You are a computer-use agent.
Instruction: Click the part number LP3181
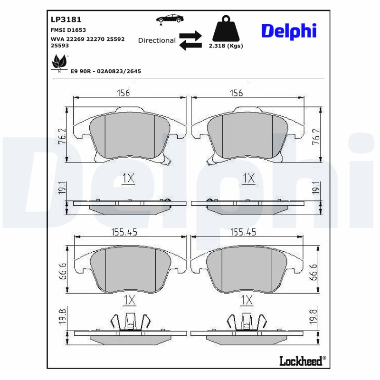click(x=66, y=19)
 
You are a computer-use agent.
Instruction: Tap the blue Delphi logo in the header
click(x=288, y=31)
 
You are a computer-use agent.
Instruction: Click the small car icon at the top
click(x=170, y=19)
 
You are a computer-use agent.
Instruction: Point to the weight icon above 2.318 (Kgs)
click(x=226, y=28)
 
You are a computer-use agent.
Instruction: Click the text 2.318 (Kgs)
click(x=226, y=46)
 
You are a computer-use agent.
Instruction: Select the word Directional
click(x=157, y=40)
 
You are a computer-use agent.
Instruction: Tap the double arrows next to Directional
click(x=190, y=40)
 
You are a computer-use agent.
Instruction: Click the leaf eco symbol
click(x=59, y=62)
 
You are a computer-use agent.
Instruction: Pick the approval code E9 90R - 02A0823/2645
click(x=105, y=71)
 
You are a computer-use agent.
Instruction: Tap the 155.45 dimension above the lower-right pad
click(x=243, y=232)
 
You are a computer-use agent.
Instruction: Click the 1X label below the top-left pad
click(x=129, y=179)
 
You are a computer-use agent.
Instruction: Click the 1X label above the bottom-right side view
click(x=247, y=300)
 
